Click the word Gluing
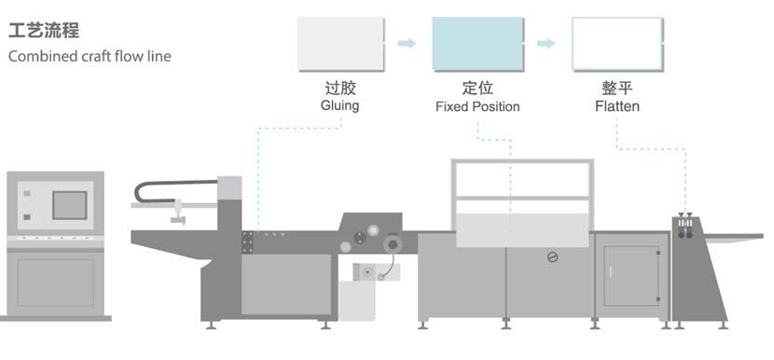(339, 106)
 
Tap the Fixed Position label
(477, 106)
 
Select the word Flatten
(617, 106)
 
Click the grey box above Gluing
(341, 44)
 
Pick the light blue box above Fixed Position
(477, 44)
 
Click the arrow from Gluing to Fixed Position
(407, 43)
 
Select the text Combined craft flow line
(90, 57)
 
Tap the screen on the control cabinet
(69, 204)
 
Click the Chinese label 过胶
(339, 89)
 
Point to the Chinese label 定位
(477, 89)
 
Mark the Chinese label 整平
(616, 89)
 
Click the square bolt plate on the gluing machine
(248, 242)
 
